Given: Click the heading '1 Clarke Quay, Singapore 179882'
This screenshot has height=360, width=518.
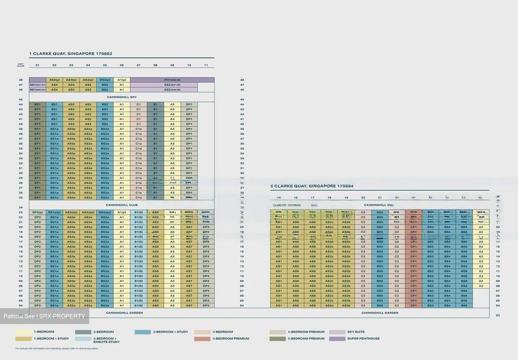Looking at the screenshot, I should pyautogui.click(x=71, y=54).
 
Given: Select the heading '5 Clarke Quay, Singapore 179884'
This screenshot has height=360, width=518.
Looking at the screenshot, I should pyautogui.click(x=312, y=186).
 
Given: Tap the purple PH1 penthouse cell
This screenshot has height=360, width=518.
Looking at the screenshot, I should pyautogui.click(x=172, y=80).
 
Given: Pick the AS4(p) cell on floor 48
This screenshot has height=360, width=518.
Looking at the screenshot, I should pyautogui.click(x=54, y=80).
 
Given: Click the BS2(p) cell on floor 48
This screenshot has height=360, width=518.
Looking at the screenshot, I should pyautogui.click(x=105, y=80).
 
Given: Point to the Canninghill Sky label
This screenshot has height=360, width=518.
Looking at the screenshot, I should pyautogui.click(x=122, y=97).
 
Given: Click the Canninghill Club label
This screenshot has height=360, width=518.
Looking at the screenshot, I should pyautogui.click(x=122, y=205).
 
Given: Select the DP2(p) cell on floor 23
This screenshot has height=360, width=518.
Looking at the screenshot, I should pyautogui.click(x=37, y=212).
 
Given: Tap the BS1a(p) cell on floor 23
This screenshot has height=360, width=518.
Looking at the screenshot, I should pyautogui.click(x=54, y=212).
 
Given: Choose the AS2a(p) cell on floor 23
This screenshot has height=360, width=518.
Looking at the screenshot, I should pyautogui.click(x=88, y=212).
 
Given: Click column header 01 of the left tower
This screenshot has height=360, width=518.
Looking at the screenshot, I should pyautogui.click(x=37, y=65).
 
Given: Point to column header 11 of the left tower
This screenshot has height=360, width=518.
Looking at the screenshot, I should pyautogui.click(x=206, y=65).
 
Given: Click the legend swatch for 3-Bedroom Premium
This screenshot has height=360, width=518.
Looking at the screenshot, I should pyautogui.click(x=202, y=339).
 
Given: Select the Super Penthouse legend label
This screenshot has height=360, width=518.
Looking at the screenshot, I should pyautogui.click(x=363, y=339).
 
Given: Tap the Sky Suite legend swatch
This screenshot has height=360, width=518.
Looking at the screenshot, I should pyautogui.click(x=337, y=332).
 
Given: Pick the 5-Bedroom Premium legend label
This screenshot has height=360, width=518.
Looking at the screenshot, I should pyautogui.click(x=306, y=339).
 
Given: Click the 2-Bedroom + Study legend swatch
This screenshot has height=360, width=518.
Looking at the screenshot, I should pyautogui.click(x=143, y=332).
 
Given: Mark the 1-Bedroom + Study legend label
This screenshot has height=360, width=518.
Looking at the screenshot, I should pyautogui.click(x=51, y=339).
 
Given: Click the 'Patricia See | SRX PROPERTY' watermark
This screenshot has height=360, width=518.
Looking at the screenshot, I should pyautogui.click(x=44, y=316).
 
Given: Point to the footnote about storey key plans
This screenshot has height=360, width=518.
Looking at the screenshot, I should pyautogui.click(x=57, y=348).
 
